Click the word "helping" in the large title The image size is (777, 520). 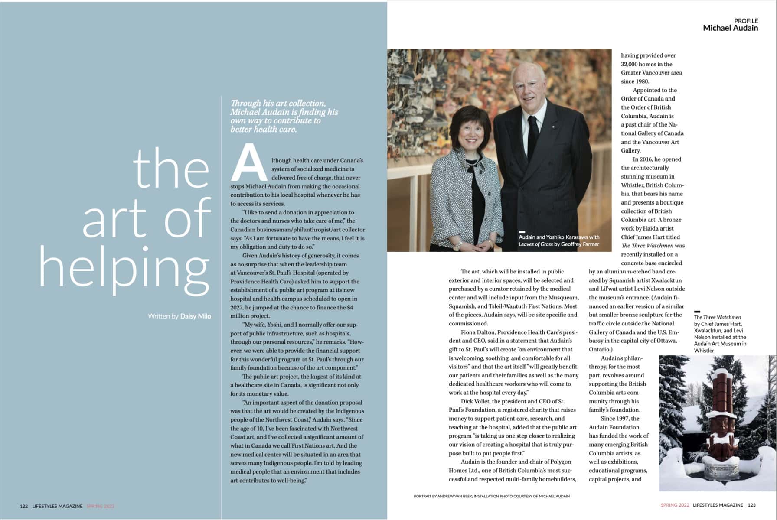[x=125, y=269]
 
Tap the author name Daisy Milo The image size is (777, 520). [x=196, y=316]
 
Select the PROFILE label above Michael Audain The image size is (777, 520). [x=746, y=20]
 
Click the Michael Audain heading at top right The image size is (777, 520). [x=730, y=28]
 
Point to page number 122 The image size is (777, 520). [x=24, y=506]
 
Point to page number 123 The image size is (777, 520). [x=752, y=505]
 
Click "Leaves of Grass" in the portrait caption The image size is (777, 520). [x=535, y=244]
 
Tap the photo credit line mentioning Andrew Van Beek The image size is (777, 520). [x=492, y=496]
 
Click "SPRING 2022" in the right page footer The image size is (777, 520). [x=675, y=505]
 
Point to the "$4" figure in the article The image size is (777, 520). [x=349, y=308]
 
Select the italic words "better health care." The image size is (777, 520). [x=264, y=129]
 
